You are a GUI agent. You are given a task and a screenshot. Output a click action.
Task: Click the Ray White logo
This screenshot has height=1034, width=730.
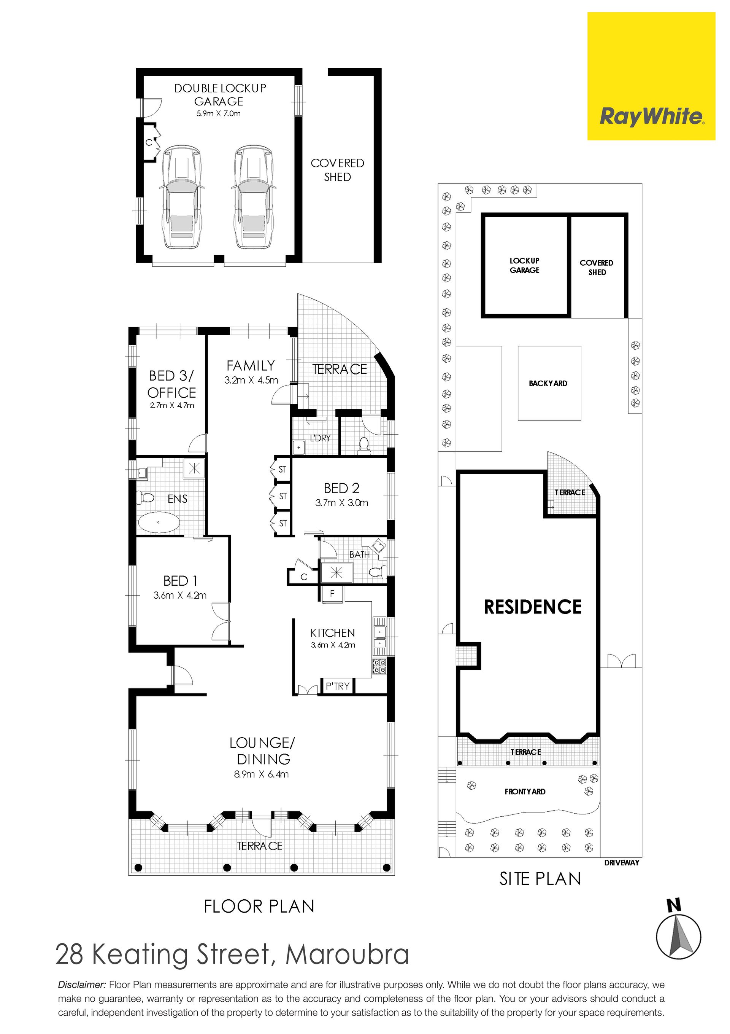click(x=651, y=76)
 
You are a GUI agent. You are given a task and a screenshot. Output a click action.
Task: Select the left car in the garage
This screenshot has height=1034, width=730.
click(x=179, y=196)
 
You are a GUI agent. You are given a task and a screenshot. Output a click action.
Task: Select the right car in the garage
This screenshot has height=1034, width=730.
click(x=253, y=196)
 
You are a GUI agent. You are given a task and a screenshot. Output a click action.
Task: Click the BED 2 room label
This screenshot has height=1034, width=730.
click(x=341, y=488)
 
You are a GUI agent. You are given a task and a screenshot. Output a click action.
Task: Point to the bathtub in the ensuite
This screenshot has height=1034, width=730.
click(x=159, y=523)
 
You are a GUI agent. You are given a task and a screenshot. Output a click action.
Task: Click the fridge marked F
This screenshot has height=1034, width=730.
click(x=332, y=594)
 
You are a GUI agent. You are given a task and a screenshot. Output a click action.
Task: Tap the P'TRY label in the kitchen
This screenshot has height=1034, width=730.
click(x=338, y=686)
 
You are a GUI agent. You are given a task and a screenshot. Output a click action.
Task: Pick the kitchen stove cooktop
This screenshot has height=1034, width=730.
click(x=379, y=666)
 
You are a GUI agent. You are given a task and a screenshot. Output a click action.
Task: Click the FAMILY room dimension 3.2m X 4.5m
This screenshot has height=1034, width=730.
click(x=251, y=380)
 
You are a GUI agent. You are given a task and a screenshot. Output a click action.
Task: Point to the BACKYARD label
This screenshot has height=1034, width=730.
click(x=548, y=383)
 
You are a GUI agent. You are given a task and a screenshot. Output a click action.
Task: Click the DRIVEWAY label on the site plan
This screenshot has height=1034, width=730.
click(x=622, y=862)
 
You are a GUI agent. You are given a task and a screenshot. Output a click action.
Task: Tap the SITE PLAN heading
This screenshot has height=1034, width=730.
click(x=540, y=879)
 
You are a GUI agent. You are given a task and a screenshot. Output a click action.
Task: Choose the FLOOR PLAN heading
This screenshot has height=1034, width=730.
click(x=259, y=906)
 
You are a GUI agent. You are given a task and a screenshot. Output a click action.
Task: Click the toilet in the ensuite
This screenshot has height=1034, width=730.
click(x=145, y=498)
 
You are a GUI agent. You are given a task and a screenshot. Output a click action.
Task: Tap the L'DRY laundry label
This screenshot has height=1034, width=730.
click(x=320, y=438)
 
